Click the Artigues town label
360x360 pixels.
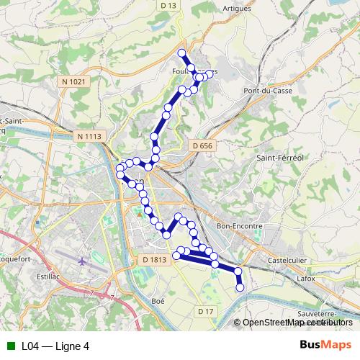coord(239,8)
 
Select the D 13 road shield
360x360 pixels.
coord(169,6)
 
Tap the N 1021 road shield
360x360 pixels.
coord(73,82)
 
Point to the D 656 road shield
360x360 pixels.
coord(203,146)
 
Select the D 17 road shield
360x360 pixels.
coord(206,310)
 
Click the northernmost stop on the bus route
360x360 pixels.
coord(181,53)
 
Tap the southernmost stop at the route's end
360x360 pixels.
coord(240,288)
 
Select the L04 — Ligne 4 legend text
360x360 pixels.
coord(55,346)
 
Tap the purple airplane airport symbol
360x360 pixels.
coord(82,260)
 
